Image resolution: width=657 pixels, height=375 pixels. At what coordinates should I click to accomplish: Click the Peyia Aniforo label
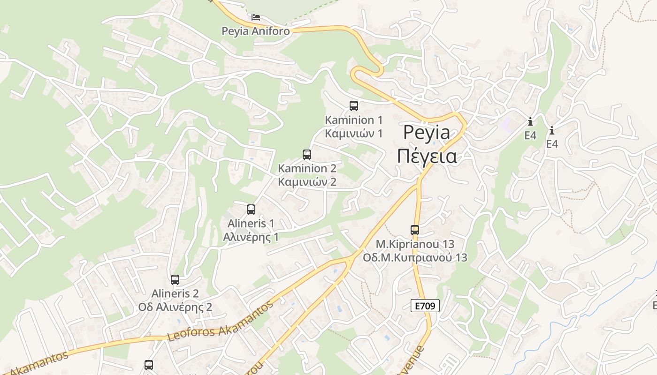[256, 31]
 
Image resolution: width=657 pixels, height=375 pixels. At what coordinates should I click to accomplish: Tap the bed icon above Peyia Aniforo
[255, 17]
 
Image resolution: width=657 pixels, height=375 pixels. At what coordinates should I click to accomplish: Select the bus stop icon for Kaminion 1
[354, 106]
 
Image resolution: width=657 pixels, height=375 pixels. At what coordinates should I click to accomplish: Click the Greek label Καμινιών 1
[354, 134]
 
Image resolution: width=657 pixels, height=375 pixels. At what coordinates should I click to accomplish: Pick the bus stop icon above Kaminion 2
[307, 154]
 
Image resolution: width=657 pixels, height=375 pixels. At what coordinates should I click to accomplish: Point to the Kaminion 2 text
[307, 168]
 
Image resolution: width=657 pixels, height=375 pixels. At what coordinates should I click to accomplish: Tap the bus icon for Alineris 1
[251, 210]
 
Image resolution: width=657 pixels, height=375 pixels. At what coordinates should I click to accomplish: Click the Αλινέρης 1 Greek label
[251, 237]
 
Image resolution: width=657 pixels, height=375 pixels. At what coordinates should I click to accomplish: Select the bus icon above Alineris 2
[175, 280]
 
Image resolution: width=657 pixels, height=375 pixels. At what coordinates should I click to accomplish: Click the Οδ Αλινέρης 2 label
[175, 307]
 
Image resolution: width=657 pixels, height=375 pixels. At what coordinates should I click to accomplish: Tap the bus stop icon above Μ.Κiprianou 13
[415, 230]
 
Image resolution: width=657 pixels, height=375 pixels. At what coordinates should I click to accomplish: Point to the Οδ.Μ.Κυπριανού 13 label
[415, 257]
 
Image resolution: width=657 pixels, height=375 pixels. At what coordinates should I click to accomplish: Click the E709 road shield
[425, 306]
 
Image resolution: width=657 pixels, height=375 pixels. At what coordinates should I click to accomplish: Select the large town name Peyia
[427, 133]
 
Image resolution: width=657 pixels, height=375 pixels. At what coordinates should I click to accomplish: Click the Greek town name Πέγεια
[427, 156]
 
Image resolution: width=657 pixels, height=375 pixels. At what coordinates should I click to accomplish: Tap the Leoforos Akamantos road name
[220, 321]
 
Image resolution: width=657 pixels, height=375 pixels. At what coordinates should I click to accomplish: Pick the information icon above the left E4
[530, 122]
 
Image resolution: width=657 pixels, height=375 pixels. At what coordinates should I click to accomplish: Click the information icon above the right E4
[552, 130]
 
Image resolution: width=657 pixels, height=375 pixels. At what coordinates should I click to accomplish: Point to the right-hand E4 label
[552, 144]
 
